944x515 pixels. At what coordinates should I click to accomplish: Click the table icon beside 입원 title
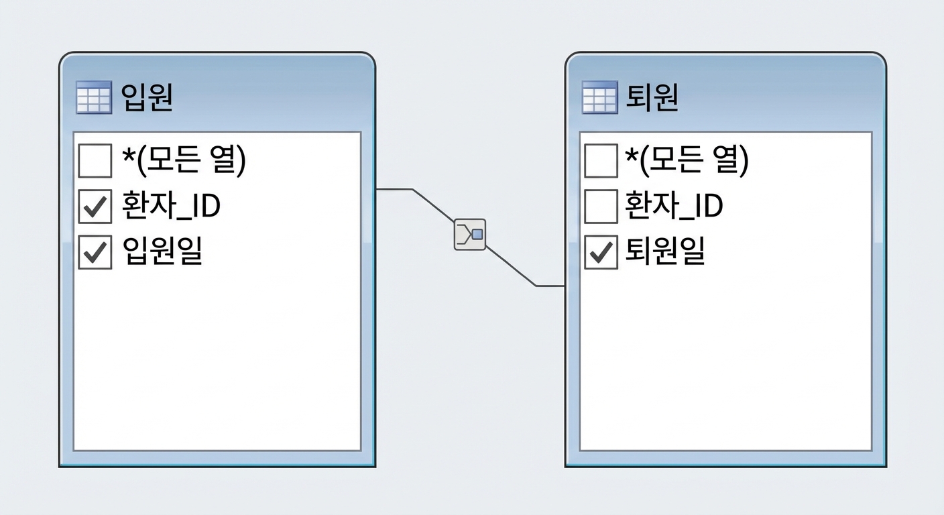coord(94,97)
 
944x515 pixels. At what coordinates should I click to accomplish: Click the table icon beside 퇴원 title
coord(599,97)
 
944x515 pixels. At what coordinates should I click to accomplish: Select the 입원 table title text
coord(147,97)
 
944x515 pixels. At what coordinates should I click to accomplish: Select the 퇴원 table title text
coord(652,97)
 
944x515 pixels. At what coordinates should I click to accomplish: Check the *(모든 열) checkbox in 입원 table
coord(95,160)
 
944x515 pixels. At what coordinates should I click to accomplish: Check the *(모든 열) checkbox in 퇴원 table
coord(601,160)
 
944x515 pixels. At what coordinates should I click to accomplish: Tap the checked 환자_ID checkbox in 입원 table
coord(95,207)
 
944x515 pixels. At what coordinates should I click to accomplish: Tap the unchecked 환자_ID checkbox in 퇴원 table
coord(601,207)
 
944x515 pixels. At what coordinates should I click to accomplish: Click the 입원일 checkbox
coord(95,252)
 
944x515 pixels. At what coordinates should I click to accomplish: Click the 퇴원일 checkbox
coord(601,252)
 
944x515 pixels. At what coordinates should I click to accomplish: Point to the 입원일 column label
coord(163,250)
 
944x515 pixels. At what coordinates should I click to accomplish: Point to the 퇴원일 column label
coord(665,250)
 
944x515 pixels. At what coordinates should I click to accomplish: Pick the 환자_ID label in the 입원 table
coord(171,206)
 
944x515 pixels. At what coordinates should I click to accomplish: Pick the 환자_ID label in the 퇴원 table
coord(674,206)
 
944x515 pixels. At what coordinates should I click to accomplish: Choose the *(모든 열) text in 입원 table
coord(184,160)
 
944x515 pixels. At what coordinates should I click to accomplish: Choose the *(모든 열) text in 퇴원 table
coord(687,160)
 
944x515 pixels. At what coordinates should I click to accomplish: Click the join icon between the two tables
coord(470,234)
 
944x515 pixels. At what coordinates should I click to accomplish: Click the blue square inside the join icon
coord(477,234)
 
